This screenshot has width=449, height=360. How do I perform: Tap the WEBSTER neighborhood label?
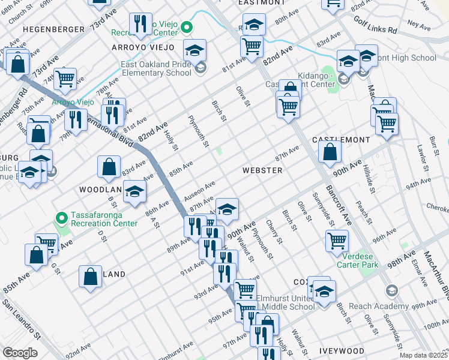click(x=262, y=170)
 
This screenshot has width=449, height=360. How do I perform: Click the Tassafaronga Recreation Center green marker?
click(x=60, y=217)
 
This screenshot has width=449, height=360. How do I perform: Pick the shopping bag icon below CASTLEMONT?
click(x=330, y=152)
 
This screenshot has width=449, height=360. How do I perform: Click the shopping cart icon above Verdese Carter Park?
click(x=337, y=240)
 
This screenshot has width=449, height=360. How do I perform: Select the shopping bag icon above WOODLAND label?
click(x=109, y=167)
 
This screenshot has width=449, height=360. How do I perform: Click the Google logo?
click(x=20, y=353)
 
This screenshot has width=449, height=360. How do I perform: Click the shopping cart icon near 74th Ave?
click(x=67, y=78)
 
